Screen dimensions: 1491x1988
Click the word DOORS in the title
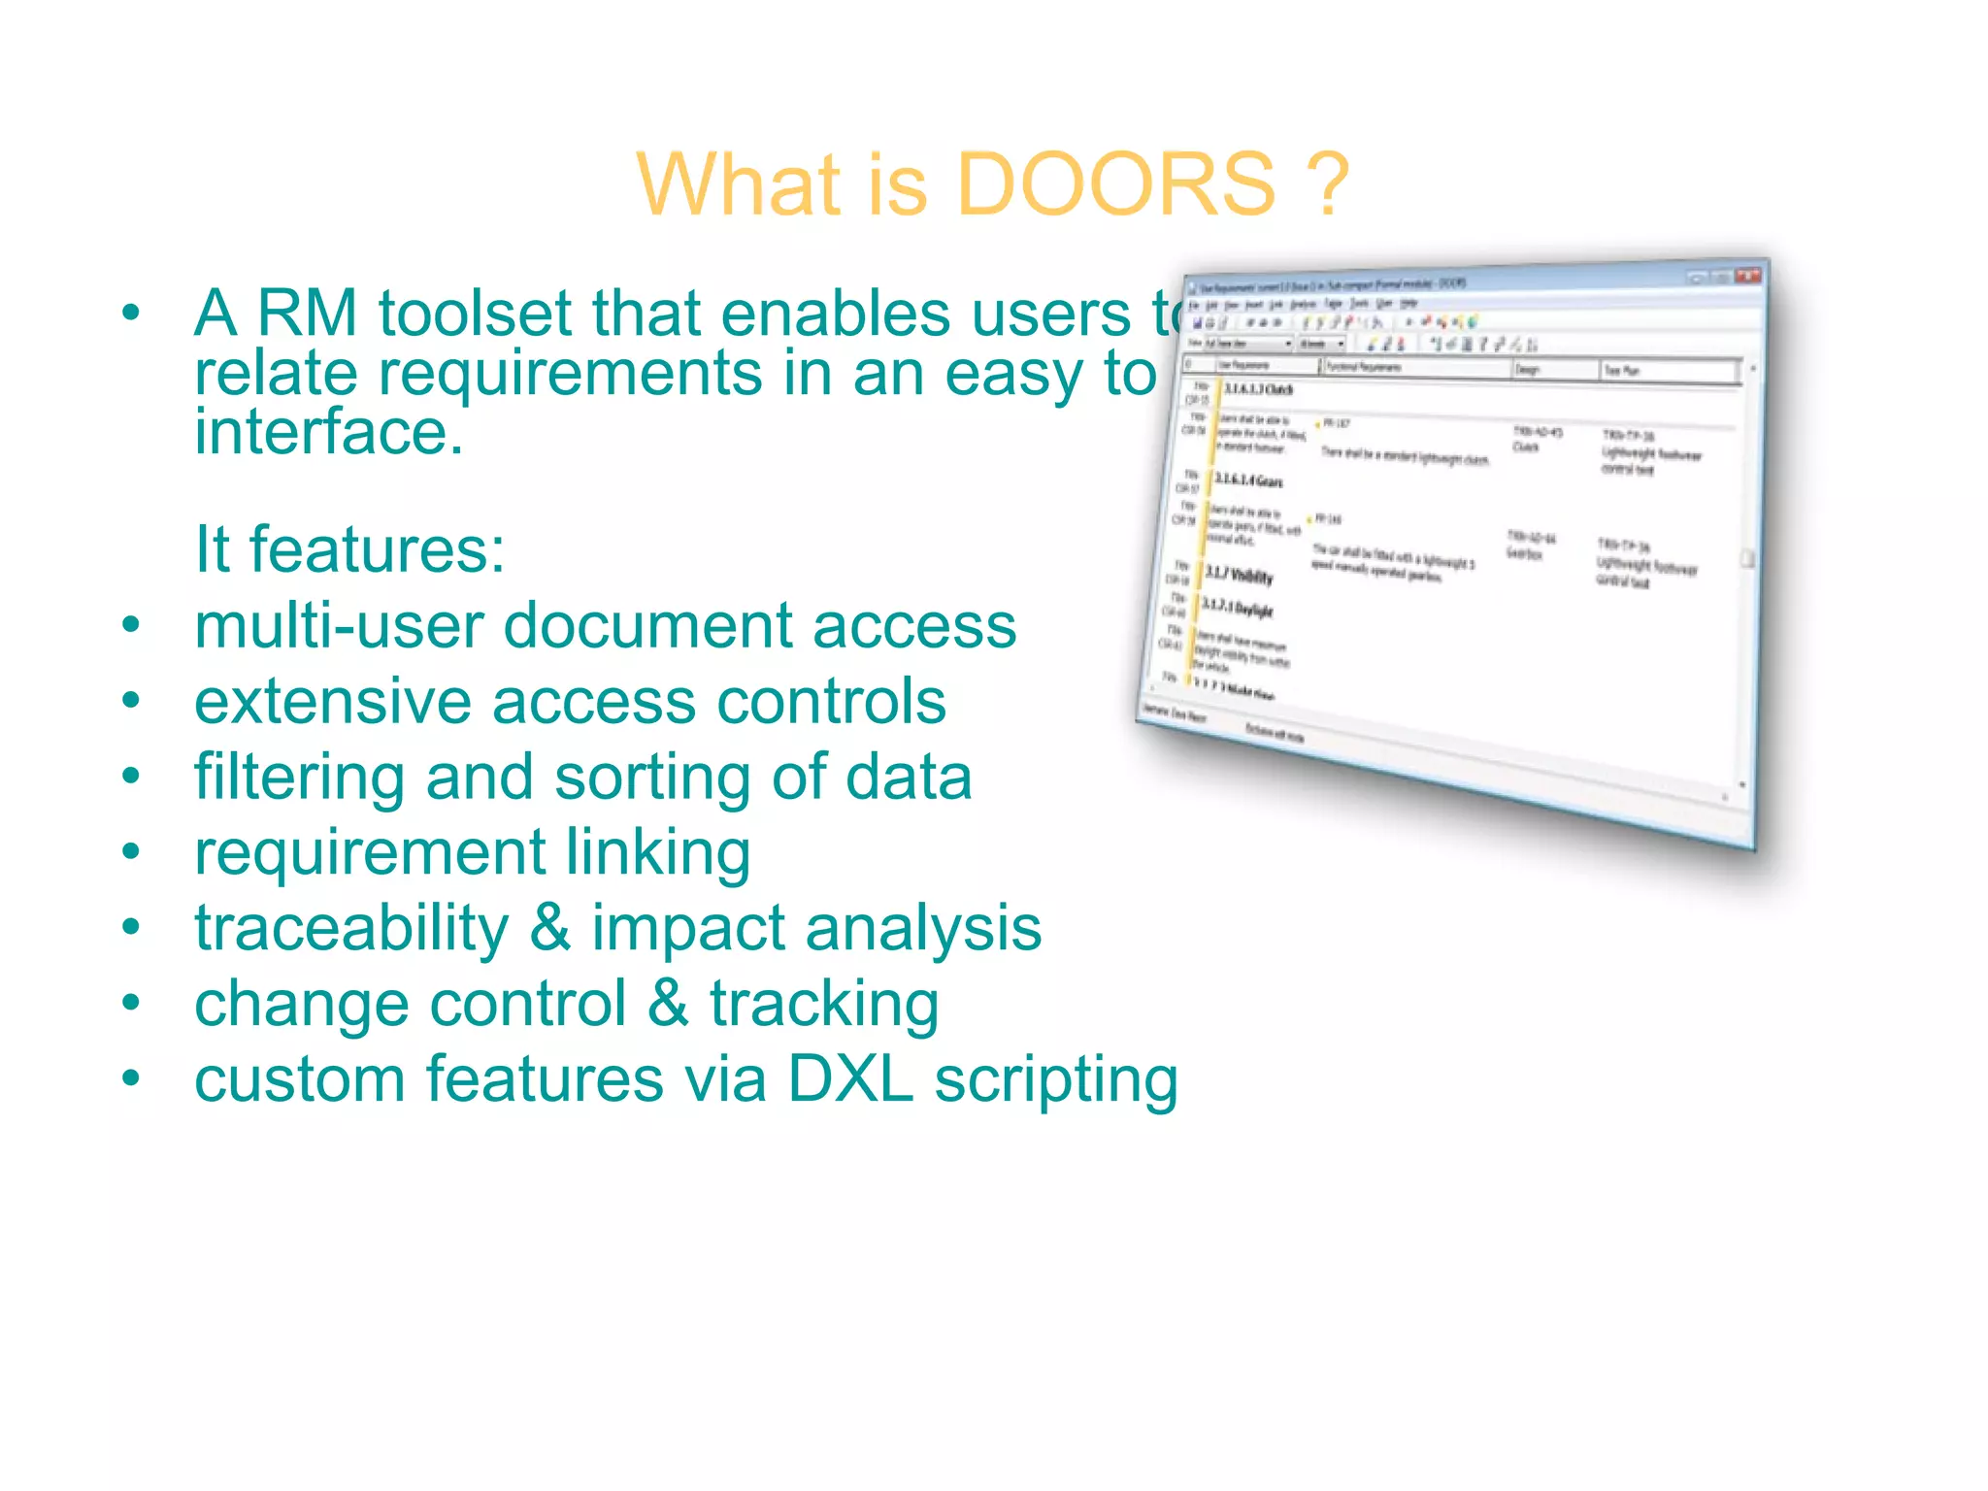(1116, 184)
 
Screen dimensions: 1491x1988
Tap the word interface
(328, 433)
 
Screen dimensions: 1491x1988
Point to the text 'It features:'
(349, 549)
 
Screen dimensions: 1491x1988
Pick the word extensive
(333, 701)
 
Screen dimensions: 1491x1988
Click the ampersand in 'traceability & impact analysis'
(550, 929)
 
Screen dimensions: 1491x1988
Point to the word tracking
(824, 1005)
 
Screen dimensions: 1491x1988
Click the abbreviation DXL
(850, 1079)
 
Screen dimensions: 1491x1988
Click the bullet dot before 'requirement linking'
(131, 852)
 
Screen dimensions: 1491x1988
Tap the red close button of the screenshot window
(1747, 276)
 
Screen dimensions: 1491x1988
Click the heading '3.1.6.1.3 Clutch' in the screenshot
(1258, 390)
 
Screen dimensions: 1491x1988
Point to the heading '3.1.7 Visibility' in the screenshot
(1239, 576)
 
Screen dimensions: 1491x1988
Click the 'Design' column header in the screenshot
(1528, 370)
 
